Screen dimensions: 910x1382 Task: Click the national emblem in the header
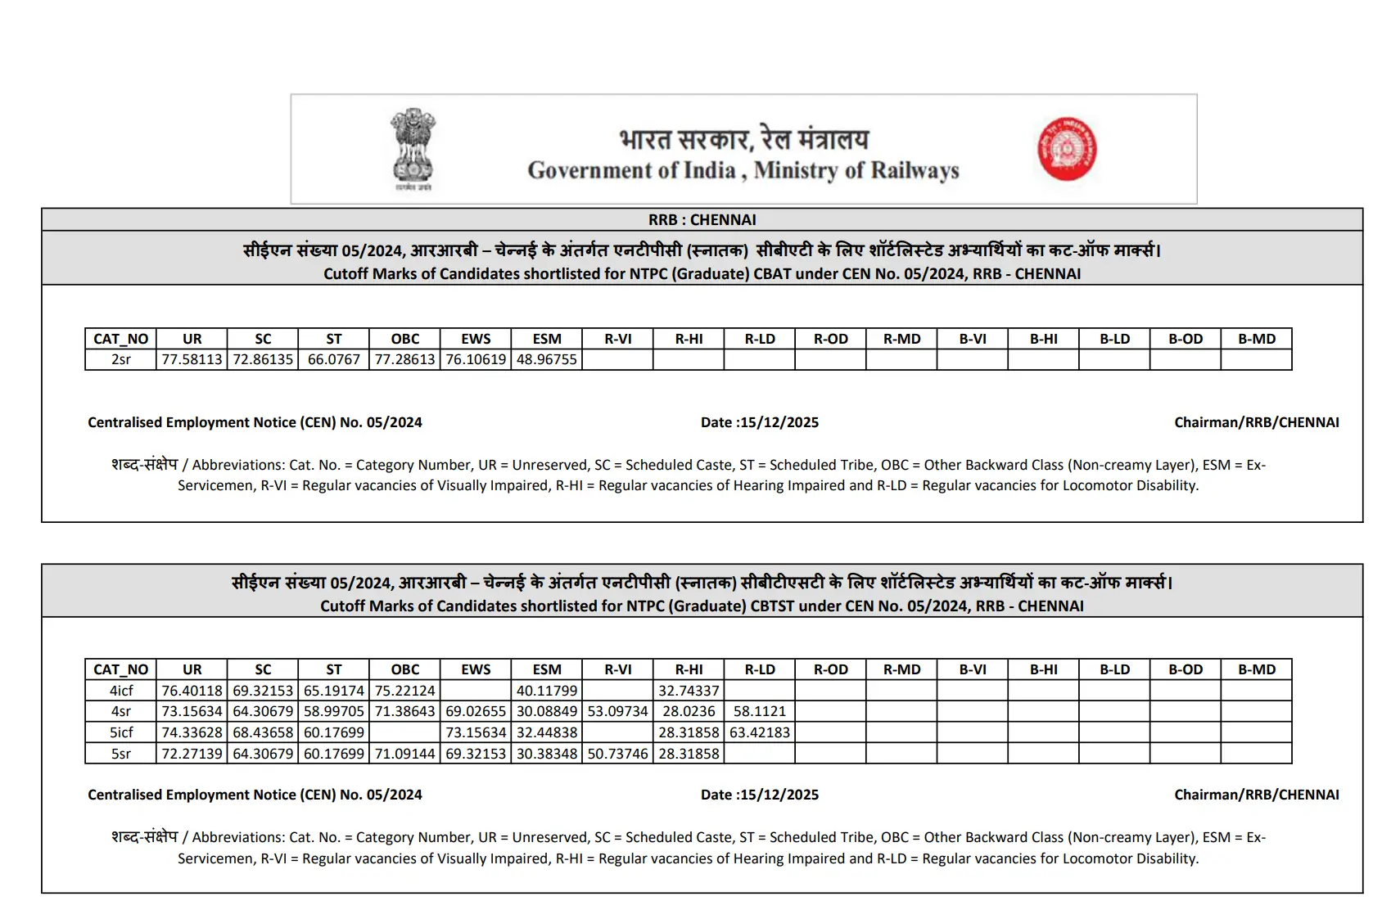[x=413, y=148]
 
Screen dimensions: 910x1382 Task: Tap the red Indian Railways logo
[x=1067, y=148]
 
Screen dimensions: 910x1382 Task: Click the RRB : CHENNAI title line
[x=702, y=220]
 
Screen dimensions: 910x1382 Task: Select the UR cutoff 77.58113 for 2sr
[x=192, y=360]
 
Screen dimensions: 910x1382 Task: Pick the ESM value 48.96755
[x=546, y=360]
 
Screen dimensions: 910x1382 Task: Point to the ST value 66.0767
[x=333, y=360]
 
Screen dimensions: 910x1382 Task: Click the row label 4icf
[x=120, y=691]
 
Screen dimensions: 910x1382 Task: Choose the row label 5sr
[x=120, y=754]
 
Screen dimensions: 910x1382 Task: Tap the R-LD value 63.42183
[x=759, y=732]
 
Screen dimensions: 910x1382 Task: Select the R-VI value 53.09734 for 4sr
[x=617, y=712]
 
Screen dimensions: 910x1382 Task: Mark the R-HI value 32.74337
[x=689, y=691]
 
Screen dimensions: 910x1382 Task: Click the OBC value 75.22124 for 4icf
[x=404, y=691]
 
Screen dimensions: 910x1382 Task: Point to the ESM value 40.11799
[x=546, y=691]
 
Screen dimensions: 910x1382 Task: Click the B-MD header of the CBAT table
[x=1256, y=339]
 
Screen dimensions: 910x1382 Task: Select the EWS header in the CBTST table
[x=476, y=669]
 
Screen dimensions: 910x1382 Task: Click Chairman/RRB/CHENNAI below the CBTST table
[x=1256, y=795]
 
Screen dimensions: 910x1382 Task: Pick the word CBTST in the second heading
[x=773, y=606]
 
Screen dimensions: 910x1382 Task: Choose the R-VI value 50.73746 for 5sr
[x=617, y=754]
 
